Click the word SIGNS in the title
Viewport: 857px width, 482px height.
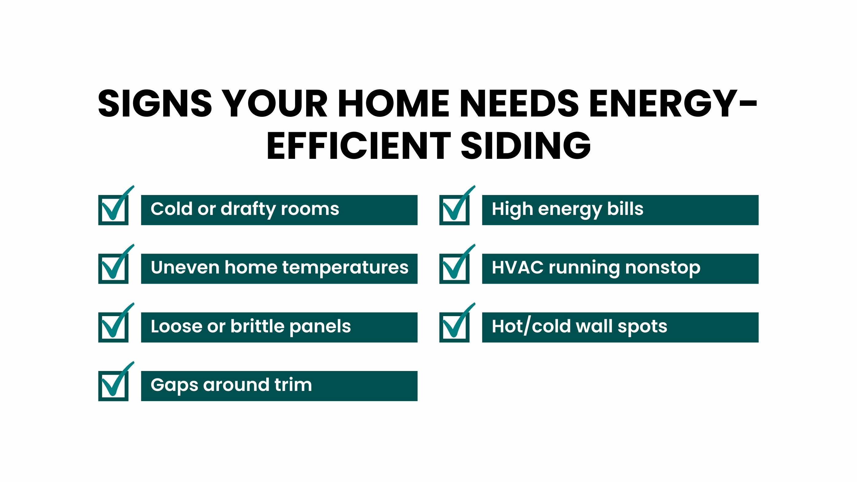(155, 103)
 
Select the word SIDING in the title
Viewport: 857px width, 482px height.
(526, 146)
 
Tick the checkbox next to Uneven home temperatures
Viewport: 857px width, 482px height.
(113, 269)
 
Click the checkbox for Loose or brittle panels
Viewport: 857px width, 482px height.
(113, 327)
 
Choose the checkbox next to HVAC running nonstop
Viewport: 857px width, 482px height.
(455, 269)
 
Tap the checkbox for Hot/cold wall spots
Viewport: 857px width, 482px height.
(455, 327)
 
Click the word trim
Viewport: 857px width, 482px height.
(293, 384)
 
